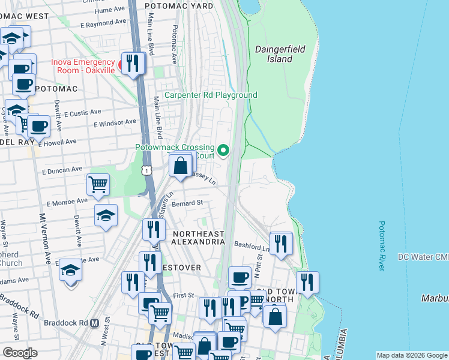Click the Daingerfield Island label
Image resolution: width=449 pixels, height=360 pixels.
273,54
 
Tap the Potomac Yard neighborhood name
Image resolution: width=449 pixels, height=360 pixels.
186,5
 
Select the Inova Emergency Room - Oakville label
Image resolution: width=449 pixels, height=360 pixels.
83,66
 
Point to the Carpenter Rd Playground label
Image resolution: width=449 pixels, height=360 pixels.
211,95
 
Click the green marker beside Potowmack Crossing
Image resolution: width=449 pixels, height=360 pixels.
224,150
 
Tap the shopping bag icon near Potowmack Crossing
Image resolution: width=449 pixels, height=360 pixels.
180,165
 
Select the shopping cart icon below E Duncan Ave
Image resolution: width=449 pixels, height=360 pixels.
98,184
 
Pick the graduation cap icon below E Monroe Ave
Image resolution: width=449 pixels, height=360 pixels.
106,215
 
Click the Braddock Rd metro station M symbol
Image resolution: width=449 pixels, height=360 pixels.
94,323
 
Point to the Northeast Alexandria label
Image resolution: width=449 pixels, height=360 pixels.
199,238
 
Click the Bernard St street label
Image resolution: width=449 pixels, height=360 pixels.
187,203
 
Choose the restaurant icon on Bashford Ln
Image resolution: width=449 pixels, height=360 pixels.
280,243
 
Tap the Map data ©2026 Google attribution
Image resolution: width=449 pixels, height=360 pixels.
411,355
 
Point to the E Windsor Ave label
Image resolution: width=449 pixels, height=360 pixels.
115,122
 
